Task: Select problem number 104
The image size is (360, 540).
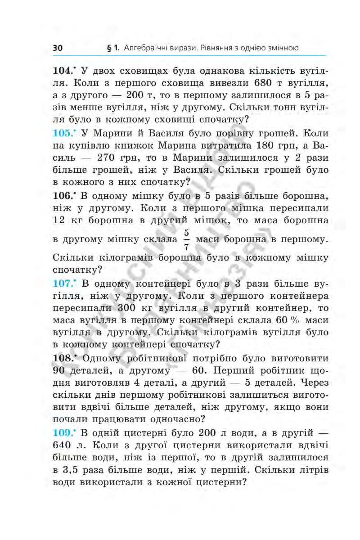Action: pos(63,72)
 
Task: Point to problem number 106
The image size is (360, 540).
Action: pos(63,196)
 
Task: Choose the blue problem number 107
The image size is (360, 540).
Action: pos(63,284)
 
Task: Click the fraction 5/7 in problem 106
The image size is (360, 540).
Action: pos(186,240)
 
